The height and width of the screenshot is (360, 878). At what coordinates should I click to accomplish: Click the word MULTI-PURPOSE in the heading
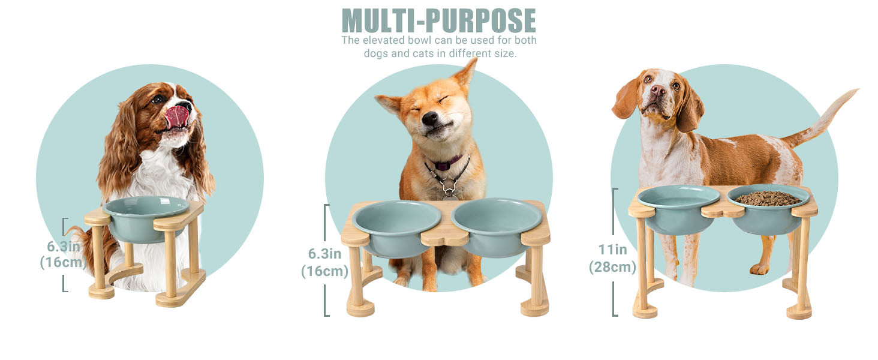tap(438, 21)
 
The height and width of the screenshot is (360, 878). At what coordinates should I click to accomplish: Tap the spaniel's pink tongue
tap(177, 116)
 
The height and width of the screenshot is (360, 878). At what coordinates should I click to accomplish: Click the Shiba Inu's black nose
tap(430, 117)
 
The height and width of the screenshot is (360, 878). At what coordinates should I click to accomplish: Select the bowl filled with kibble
tap(768, 209)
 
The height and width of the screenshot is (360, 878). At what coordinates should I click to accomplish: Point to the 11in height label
tap(613, 250)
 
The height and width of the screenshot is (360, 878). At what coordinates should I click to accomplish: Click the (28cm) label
tap(612, 267)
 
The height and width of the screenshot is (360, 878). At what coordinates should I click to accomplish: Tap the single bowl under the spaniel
tap(146, 218)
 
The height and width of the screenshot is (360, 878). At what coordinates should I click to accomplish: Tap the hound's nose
tap(658, 91)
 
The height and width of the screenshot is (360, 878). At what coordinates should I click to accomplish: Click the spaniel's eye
tap(158, 99)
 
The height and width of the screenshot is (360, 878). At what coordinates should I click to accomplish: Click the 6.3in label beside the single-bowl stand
tap(64, 247)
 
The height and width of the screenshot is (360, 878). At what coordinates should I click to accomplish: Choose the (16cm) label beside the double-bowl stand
tap(324, 271)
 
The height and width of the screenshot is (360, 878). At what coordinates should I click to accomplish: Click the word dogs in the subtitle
tap(376, 53)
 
